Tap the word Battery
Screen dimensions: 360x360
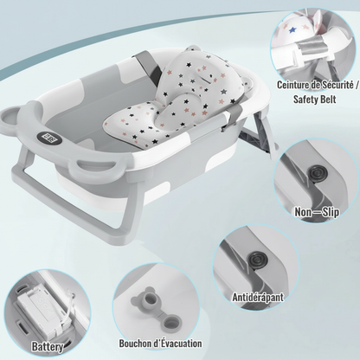coord(48,346)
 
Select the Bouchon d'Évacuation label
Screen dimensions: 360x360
coord(160,344)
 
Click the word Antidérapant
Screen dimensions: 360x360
coord(258,297)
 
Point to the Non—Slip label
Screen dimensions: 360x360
coord(317,212)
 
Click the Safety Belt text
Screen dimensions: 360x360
coord(315,100)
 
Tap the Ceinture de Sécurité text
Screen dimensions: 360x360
coord(318,85)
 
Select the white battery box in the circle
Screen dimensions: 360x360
coord(41,306)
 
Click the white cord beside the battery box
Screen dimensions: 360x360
coord(68,306)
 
